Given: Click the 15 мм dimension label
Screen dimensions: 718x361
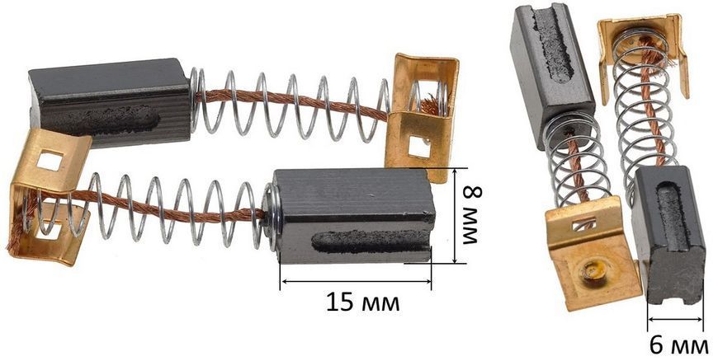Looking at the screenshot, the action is click(x=362, y=302).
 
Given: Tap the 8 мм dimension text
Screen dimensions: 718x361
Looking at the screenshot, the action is click(x=471, y=215).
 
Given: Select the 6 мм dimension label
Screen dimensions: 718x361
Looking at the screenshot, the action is click(x=678, y=346).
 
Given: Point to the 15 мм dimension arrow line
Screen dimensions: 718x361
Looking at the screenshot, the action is click(x=356, y=281).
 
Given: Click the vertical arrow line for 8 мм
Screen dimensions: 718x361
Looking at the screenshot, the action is click(x=456, y=215).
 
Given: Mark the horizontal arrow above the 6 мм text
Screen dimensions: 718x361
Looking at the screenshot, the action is click(x=675, y=319).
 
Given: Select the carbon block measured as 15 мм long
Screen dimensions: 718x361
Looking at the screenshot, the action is click(x=353, y=216).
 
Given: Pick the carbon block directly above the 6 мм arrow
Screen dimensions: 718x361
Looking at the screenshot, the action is click(x=668, y=233).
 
